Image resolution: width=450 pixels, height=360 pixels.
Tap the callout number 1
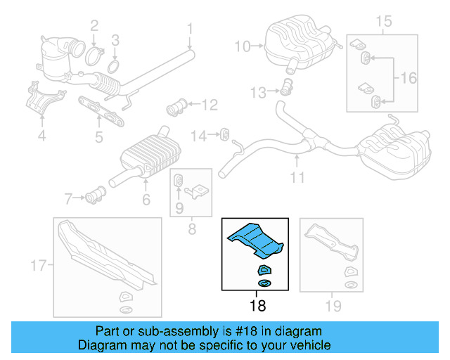pos(189,29)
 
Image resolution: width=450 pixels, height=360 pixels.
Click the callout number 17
pos(38,266)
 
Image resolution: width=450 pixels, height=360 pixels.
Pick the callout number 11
pos(298,178)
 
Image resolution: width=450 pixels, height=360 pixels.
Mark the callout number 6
pos(146,200)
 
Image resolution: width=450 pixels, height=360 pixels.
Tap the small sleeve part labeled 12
pos(174,108)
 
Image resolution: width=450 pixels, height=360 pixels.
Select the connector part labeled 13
pos(286,89)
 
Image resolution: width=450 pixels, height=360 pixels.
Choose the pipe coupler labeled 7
pos(96,193)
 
